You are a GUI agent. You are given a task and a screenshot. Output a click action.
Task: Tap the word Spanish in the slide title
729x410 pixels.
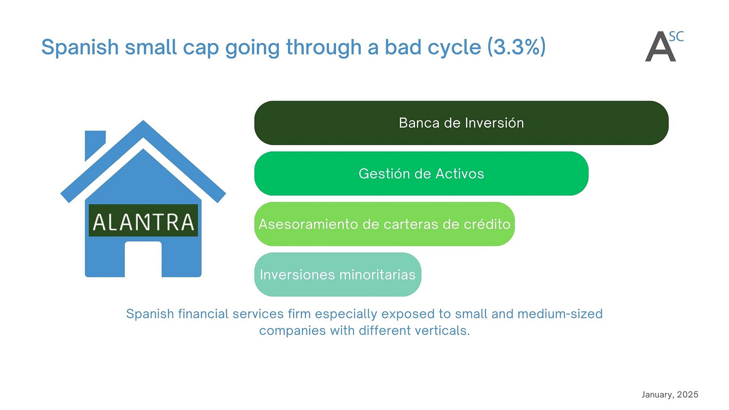coord(80,47)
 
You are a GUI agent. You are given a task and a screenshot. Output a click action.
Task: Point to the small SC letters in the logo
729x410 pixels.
coord(676,37)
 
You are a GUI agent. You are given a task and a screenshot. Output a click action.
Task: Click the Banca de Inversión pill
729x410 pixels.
coord(462,123)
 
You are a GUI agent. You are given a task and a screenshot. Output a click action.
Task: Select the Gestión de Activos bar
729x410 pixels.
coord(422,173)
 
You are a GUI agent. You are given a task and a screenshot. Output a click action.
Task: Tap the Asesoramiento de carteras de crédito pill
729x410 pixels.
coord(385,224)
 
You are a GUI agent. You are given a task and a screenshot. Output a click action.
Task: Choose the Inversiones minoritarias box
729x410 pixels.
coord(338,274)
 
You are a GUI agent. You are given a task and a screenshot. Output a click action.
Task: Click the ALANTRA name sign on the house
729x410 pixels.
coord(143,220)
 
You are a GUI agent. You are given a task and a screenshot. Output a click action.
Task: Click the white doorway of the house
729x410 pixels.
coord(143,259)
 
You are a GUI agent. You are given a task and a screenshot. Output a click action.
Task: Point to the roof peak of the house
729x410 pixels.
coord(143,121)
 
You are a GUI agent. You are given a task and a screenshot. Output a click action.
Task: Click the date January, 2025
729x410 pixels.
coord(670,394)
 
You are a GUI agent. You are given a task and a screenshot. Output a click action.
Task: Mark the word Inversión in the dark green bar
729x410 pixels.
coord(494,123)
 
